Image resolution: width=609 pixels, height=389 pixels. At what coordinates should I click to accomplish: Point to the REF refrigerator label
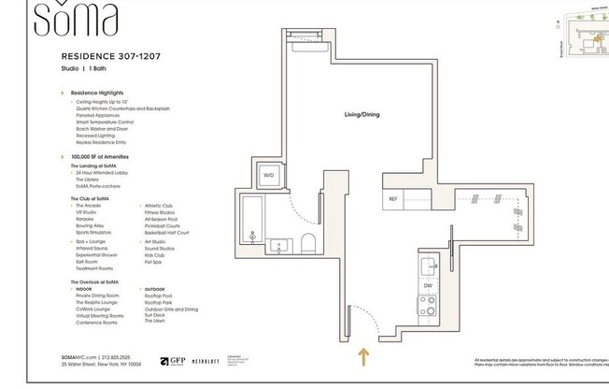pyautogui.click(x=393, y=199)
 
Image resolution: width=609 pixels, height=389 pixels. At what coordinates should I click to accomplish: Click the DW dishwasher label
pyautogui.click(x=427, y=286)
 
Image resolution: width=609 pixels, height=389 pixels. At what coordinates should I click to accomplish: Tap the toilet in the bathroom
pyautogui.click(x=307, y=245)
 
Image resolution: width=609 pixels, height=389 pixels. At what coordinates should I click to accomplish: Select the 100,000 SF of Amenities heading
pyautogui.click(x=100, y=156)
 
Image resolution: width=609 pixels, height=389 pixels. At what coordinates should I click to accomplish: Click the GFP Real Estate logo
pyautogui.click(x=171, y=361)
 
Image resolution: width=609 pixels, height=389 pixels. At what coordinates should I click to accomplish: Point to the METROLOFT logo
pyautogui.click(x=207, y=361)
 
